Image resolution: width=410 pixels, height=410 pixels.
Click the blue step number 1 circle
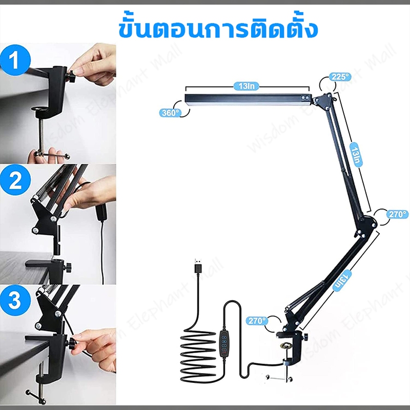[x=15, y=60]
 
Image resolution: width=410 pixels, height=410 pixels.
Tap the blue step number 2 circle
[x=15, y=180]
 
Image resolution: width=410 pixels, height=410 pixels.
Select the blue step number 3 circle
[x=15, y=300]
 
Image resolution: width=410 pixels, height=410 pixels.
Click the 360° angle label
[x=170, y=113]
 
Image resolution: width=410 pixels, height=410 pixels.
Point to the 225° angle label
[x=340, y=77]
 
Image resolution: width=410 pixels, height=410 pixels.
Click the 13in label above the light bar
[x=247, y=86]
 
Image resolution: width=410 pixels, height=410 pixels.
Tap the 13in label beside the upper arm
[x=356, y=155]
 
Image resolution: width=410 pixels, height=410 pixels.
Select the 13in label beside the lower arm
[x=342, y=281]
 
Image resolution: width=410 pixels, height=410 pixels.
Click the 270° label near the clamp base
[x=257, y=321]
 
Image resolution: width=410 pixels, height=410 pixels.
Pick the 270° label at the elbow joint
[x=397, y=214]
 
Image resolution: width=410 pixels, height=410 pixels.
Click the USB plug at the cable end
[x=198, y=266]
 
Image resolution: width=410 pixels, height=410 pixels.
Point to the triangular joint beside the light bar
[x=324, y=101]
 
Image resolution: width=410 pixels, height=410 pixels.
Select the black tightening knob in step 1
[x=71, y=77]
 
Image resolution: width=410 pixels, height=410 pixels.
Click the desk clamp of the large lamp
[x=292, y=351]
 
